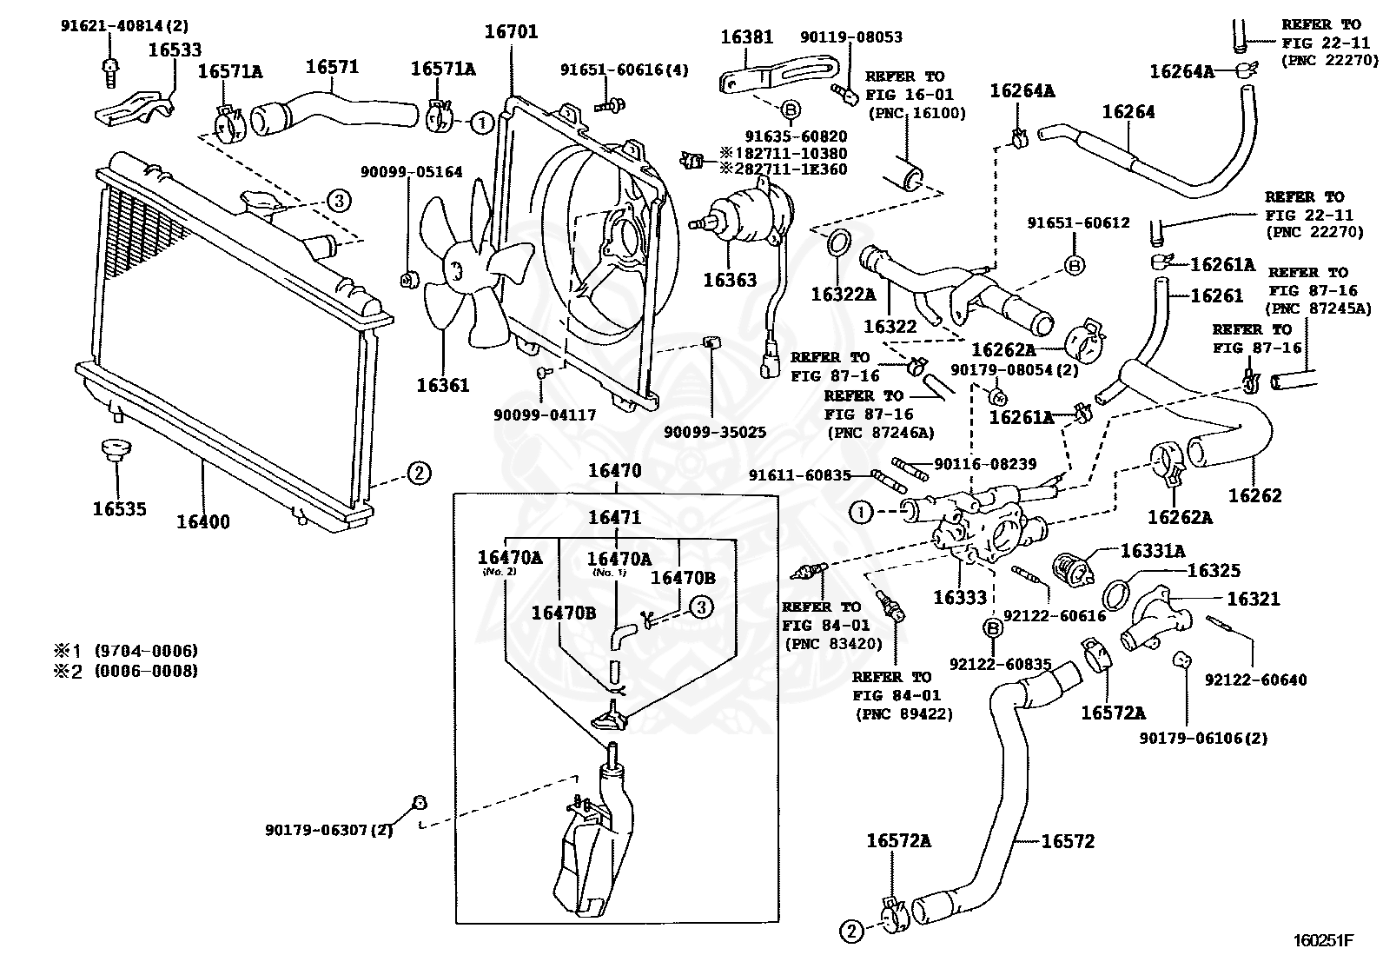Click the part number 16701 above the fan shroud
[x=511, y=31]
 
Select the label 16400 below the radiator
[x=203, y=522]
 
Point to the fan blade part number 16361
[x=443, y=386]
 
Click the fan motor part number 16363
[x=730, y=281]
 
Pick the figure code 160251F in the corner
[x=1323, y=940]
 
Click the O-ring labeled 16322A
[x=837, y=242]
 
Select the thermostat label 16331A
[x=1153, y=550]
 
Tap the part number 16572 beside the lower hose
[x=1068, y=840]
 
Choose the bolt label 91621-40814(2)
[x=124, y=26]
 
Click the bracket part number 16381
[x=747, y=37]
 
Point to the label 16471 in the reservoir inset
[x=615, y=517]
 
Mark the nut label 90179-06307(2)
[x=328, y=830]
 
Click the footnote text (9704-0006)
[x=146, y=651]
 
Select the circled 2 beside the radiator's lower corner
[x=419, y=474]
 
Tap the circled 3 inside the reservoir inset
[x=701, y=607]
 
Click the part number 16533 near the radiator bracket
[x=175, y=50]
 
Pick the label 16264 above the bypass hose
[x=1128, y=112]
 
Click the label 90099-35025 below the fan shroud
[x=714, y=432]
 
